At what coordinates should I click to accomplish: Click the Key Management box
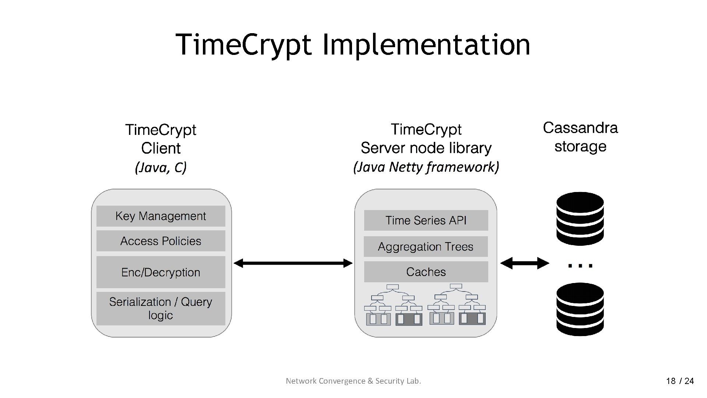coord(161,216)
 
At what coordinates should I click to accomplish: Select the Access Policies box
coord(161,241)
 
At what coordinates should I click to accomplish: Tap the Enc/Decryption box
coord(161,272)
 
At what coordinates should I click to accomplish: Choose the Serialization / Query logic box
coord(161,308)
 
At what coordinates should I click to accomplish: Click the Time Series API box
coord(426,220)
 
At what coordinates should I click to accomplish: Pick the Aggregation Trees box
coord(426,247)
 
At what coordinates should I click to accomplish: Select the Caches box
coord(426,272)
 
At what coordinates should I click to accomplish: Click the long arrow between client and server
coord(293,263)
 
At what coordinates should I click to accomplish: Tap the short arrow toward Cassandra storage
coord(524,263)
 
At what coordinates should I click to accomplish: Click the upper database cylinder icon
coord(580,219)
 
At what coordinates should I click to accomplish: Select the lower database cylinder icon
coord(580,309)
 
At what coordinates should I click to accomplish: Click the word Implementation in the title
coord(426,45)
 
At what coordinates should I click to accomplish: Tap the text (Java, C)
coord(161,168)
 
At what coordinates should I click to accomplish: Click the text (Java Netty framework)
coord(426,167)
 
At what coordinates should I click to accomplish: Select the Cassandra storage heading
coord(580,137)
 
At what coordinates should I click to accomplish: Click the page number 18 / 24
coord(680,381)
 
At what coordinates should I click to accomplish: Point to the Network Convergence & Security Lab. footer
coord(353,381)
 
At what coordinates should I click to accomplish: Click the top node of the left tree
coord(393,287)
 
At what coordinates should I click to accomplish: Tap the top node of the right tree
coord(456,286)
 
